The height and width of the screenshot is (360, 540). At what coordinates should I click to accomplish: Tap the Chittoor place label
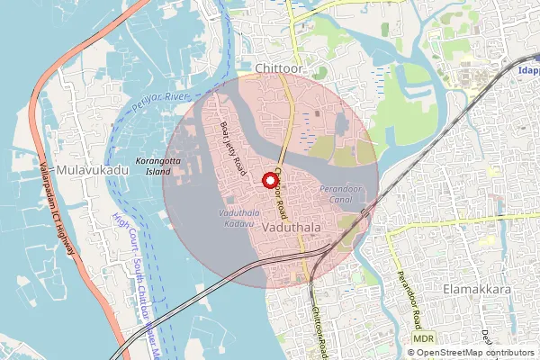click(x=279, y=68)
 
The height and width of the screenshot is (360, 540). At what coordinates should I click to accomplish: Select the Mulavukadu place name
click(x=85, y=168)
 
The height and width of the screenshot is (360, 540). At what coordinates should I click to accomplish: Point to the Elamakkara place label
click(x=477, y=290)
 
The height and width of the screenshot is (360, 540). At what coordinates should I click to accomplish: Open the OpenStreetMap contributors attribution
click(x=481, y=353)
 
